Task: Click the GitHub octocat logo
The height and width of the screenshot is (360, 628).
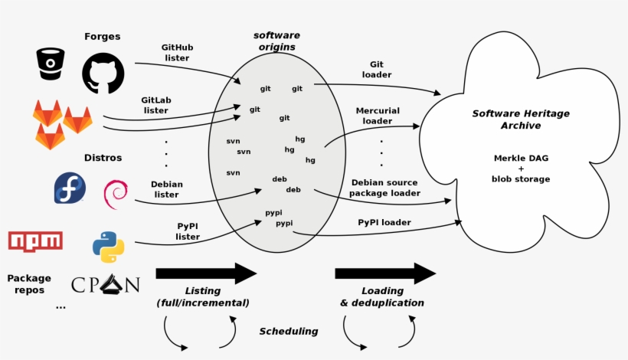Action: [x=103, y=73]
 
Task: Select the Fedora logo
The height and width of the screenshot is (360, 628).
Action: [x=70, y=188]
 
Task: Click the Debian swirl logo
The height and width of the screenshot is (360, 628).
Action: [x=116, y=193]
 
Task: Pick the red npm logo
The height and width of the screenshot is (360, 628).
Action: [x=35, y=241]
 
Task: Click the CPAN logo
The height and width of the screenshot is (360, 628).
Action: [x=106, y=285]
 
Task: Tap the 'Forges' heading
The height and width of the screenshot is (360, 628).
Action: [x=102, y=36]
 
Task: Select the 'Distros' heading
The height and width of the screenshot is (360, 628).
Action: [x=103, y=159]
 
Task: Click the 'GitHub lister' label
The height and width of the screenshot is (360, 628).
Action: [x=177, y=52]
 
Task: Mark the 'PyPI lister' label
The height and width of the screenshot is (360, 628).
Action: [x=188, y=231]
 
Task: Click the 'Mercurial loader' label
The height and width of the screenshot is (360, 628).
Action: [x=378, y=116]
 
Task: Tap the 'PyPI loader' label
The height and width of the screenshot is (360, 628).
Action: [x=384, y=222]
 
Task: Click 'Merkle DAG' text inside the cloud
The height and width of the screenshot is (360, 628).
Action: [x=521, y=159]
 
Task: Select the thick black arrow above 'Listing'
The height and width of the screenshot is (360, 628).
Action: [x=205, y=273]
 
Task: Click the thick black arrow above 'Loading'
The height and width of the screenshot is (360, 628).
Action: [x=384, y=273]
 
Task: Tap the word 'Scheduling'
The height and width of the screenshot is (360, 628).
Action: [x=288, y=332]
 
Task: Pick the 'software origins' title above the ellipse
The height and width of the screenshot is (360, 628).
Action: [x=276, y=41]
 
